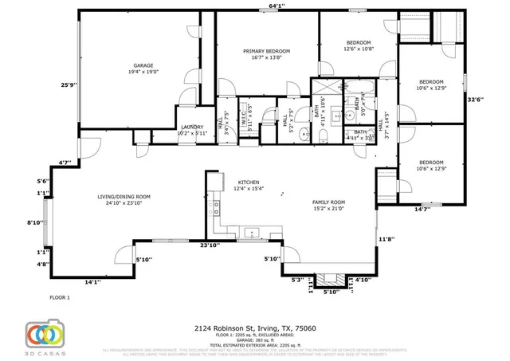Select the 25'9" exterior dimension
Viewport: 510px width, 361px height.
point(69,85)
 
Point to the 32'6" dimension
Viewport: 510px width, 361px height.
point(474,100)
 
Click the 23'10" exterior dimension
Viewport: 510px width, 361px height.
point(210,245)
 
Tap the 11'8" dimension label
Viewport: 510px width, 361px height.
point(386,238)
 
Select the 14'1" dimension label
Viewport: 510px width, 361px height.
point(92,281)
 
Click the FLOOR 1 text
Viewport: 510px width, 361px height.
point(61,297)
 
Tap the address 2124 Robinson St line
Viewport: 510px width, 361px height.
point(255,328)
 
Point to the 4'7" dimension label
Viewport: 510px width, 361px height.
point(65,163)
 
